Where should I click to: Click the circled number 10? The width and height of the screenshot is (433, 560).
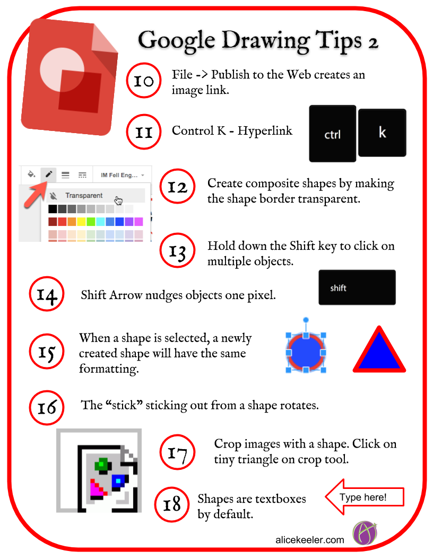[144, 81]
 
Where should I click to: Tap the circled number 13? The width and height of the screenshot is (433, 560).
[177, 250]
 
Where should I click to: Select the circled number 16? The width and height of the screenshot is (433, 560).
[47, 407]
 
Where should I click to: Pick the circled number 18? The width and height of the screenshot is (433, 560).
[172, 504]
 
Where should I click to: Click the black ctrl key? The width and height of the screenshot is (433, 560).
[333, 134]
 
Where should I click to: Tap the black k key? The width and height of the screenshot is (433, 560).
[382, 133]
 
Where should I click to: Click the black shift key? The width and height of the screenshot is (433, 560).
[357, 287]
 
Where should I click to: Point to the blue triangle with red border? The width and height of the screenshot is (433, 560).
[379, 352]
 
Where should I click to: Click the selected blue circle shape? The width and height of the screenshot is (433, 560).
[306, 353]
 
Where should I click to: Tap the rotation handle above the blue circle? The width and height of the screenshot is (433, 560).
[306, 320]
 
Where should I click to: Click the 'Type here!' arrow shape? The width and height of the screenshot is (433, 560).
[365, 497]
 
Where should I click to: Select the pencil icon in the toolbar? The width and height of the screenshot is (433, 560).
[49, 174]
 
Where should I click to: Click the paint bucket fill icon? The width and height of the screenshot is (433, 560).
[31, 174]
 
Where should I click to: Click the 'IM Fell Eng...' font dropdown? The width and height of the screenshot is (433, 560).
[122, 175]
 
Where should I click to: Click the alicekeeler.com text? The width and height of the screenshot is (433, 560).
[310, 540]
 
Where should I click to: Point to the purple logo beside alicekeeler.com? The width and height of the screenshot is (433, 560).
[365, 533]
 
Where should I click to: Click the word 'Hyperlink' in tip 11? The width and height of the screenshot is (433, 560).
[265, 130]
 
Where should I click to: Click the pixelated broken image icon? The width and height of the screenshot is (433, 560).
[99, 471]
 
